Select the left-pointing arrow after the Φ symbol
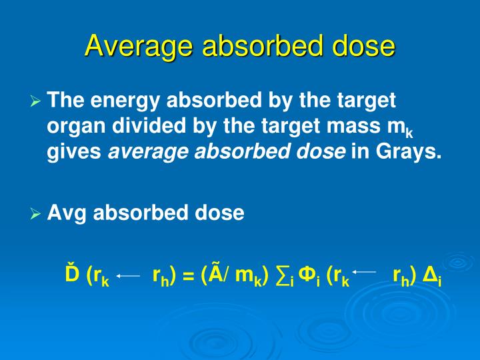(x=364, y=271)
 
